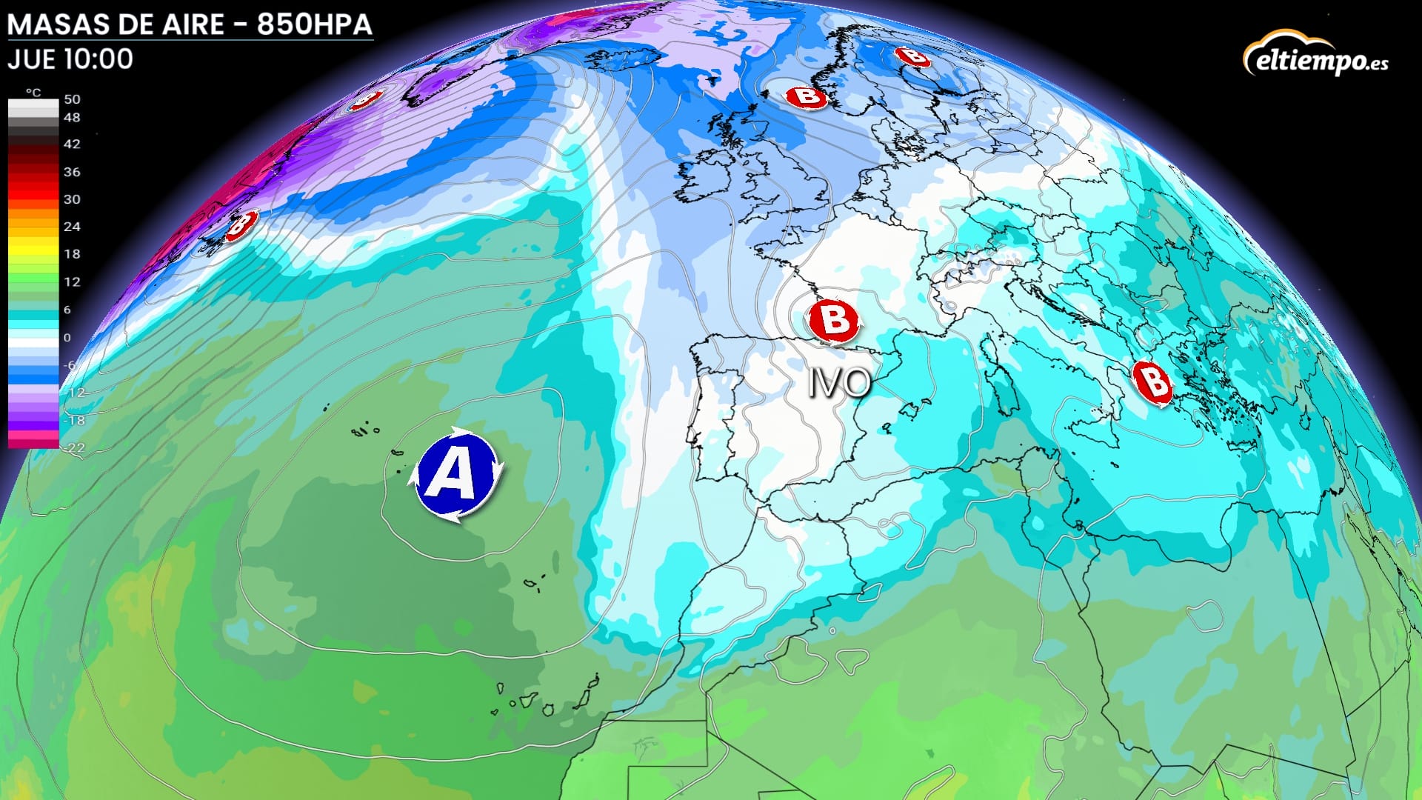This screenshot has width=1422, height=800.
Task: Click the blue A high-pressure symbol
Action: coord(455,475)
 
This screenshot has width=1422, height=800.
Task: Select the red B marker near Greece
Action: coord(1152,384)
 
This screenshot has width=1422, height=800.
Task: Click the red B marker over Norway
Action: coord(806,96)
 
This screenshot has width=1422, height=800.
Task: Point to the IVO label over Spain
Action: coord(839,383)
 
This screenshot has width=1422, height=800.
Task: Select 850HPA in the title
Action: coord(314,24)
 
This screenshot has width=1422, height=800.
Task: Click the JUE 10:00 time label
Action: coord(70,59)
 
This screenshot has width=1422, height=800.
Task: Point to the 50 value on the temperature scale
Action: coord(72,99)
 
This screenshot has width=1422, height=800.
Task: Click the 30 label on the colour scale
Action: coord(72,199)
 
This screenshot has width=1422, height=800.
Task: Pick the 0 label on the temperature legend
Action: coord(67,338)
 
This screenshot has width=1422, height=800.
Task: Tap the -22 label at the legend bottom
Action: coord(75,447)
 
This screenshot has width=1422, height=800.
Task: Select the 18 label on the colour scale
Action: coord(72,254)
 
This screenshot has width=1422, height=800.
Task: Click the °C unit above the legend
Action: coord(33,93)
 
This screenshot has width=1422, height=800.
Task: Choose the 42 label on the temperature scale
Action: coord(72,144)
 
